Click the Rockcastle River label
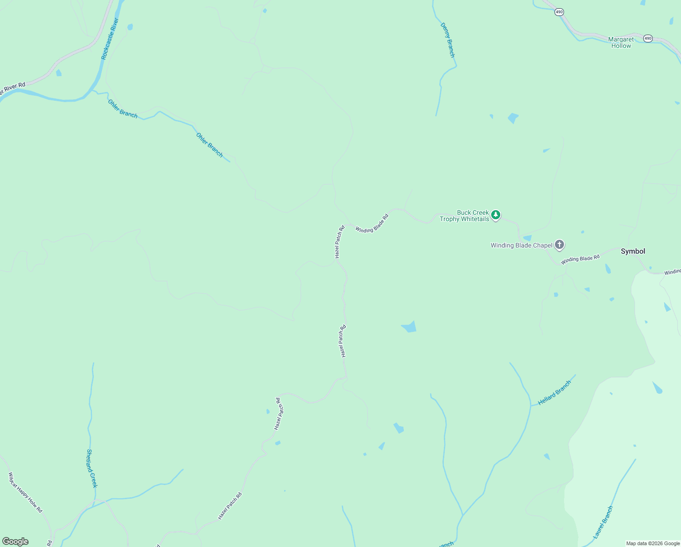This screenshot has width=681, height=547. [x=110, y=39]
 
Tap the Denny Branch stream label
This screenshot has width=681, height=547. [x=447, y=40]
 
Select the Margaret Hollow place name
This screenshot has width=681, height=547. [x=621, y=42]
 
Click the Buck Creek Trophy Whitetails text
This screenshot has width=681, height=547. [x=465, y=216]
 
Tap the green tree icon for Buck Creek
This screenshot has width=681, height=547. [x=496, y=215]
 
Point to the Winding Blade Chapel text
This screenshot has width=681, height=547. [x=521, y=245]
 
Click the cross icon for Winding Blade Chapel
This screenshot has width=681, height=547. [x=559, y=245]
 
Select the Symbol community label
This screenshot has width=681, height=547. [x=633, y=251]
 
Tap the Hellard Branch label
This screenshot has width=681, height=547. [x=554, y=393]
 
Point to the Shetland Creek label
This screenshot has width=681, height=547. [x=92, y=468]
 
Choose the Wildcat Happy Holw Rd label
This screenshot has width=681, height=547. [x=25, y=492]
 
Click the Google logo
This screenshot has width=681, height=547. [x=15, y=542]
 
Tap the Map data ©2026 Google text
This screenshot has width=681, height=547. [x=653, y=543]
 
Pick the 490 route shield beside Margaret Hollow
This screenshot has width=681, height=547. [x=648, y=38]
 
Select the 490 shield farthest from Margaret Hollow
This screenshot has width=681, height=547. [x=559, y=12]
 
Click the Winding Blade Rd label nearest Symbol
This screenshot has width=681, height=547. [x=580, y=259]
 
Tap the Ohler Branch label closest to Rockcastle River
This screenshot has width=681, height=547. [x=122, y=108]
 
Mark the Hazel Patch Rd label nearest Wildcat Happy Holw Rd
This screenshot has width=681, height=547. [x=230, y=506]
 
